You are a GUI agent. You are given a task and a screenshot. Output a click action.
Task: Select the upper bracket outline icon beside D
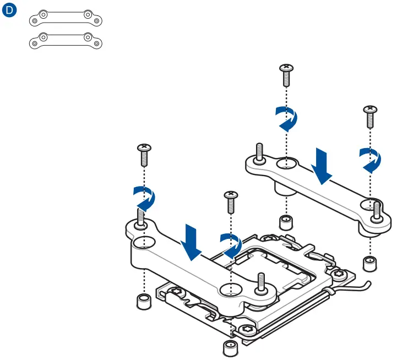pos(65,18)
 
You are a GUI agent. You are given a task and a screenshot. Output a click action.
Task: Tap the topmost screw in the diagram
pos(286,74)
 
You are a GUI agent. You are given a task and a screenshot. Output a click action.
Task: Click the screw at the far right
pos(369,117)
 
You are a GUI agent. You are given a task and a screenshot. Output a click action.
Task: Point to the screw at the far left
pos(144,155)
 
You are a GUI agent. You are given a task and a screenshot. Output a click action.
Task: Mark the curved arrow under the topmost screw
pos(287,118)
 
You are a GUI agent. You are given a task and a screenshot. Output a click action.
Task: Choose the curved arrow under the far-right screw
pos(369,159)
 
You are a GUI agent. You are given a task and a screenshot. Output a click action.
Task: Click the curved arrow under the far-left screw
pos(145,197)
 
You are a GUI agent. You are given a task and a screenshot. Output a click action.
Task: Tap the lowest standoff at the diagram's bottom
pos(230,348)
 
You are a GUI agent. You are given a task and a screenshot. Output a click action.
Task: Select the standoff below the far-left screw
pos(144,302)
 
